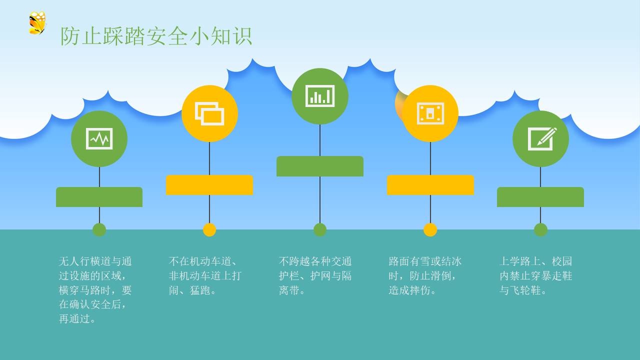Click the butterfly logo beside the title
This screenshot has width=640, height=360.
click(x=37, y=23)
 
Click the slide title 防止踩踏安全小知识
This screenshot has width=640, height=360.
click(x=156, y=36)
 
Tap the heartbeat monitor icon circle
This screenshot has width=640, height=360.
click(x=99, y=138)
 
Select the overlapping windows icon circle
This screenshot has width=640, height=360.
click(x=209, y=113)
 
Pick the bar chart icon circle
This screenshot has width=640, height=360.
click(x=320, y=96)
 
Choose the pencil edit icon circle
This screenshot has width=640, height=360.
click(x=540, y=138)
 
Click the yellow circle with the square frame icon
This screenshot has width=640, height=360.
click(x=430, y=113)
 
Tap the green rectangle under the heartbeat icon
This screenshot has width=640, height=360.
click(x=99, y=197)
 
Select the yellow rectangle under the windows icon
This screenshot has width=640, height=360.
click(x=209, y=185)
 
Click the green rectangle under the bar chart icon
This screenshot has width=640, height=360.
click(x=320, y=166)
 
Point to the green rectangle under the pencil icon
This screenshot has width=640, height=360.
click(x=540, y=197)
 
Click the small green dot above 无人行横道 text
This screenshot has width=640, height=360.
click(x=99, y=229)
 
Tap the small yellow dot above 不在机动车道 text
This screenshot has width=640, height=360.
click(x=209, y=229)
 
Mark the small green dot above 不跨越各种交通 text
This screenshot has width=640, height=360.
click(x=320, y=229)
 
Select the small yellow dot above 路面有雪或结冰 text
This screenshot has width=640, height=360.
click(x=430, y=229)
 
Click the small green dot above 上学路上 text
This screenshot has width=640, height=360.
click(x=540, y=229)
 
